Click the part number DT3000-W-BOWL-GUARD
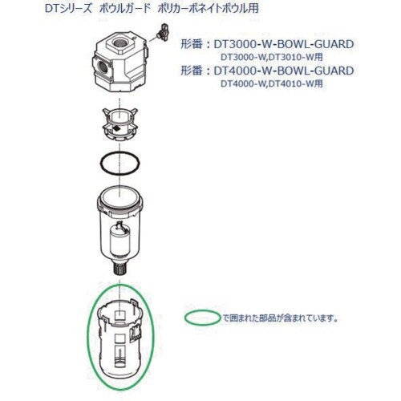[284, 44]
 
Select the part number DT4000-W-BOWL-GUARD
[284, 71]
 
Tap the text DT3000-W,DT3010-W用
[272, 57]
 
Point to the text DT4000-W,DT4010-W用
[272, 84]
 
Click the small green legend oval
[202, 312]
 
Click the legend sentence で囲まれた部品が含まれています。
[281, 318]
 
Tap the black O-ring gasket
[101, 163]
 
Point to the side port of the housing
[102, 67]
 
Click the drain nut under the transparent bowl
[120, 269]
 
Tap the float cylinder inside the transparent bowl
[120, 241]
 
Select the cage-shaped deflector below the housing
[119, 124]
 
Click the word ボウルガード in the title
[125, 9]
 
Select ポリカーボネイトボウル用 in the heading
[208, 9]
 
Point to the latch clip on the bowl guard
[135, 334]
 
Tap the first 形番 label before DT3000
[192, 44]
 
